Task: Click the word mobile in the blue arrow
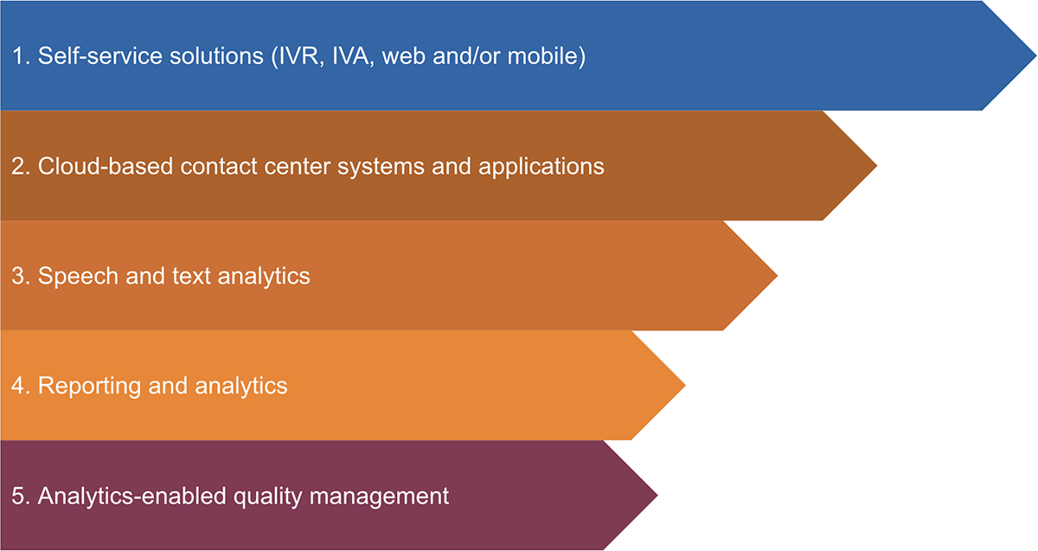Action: (x=542, y=56)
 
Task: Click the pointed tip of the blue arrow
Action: (x=1035, y=55)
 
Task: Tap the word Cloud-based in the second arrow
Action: (x=106, y=166)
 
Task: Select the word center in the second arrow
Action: (x=297, y=167)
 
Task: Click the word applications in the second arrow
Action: (x=541, y=167)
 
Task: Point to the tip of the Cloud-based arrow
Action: (x=876, y=165)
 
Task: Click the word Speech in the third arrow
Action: (x=79, y=276)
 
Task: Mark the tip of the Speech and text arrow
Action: (x=777, y=275)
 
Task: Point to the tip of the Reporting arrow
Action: (x=685, y=385)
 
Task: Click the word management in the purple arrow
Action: (x=379, y=497)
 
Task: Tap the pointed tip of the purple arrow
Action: (x=657, y=495)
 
